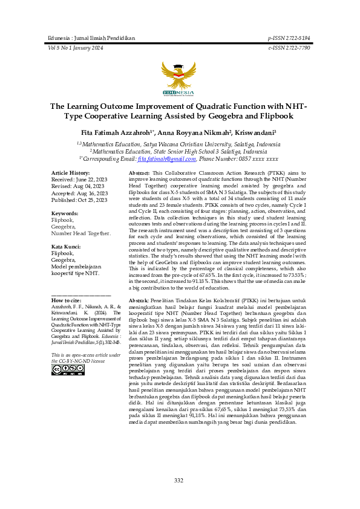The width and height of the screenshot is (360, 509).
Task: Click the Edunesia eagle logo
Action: click(x=179, y=78)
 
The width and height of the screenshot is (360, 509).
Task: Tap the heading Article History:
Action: click(x=71, y=173)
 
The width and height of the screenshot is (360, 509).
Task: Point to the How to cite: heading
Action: click(x=67, y=300)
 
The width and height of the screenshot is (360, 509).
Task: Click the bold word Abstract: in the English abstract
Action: click(x=139, y=173)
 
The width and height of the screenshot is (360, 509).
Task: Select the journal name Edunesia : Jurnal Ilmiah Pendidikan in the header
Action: click(x=91, y=38)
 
